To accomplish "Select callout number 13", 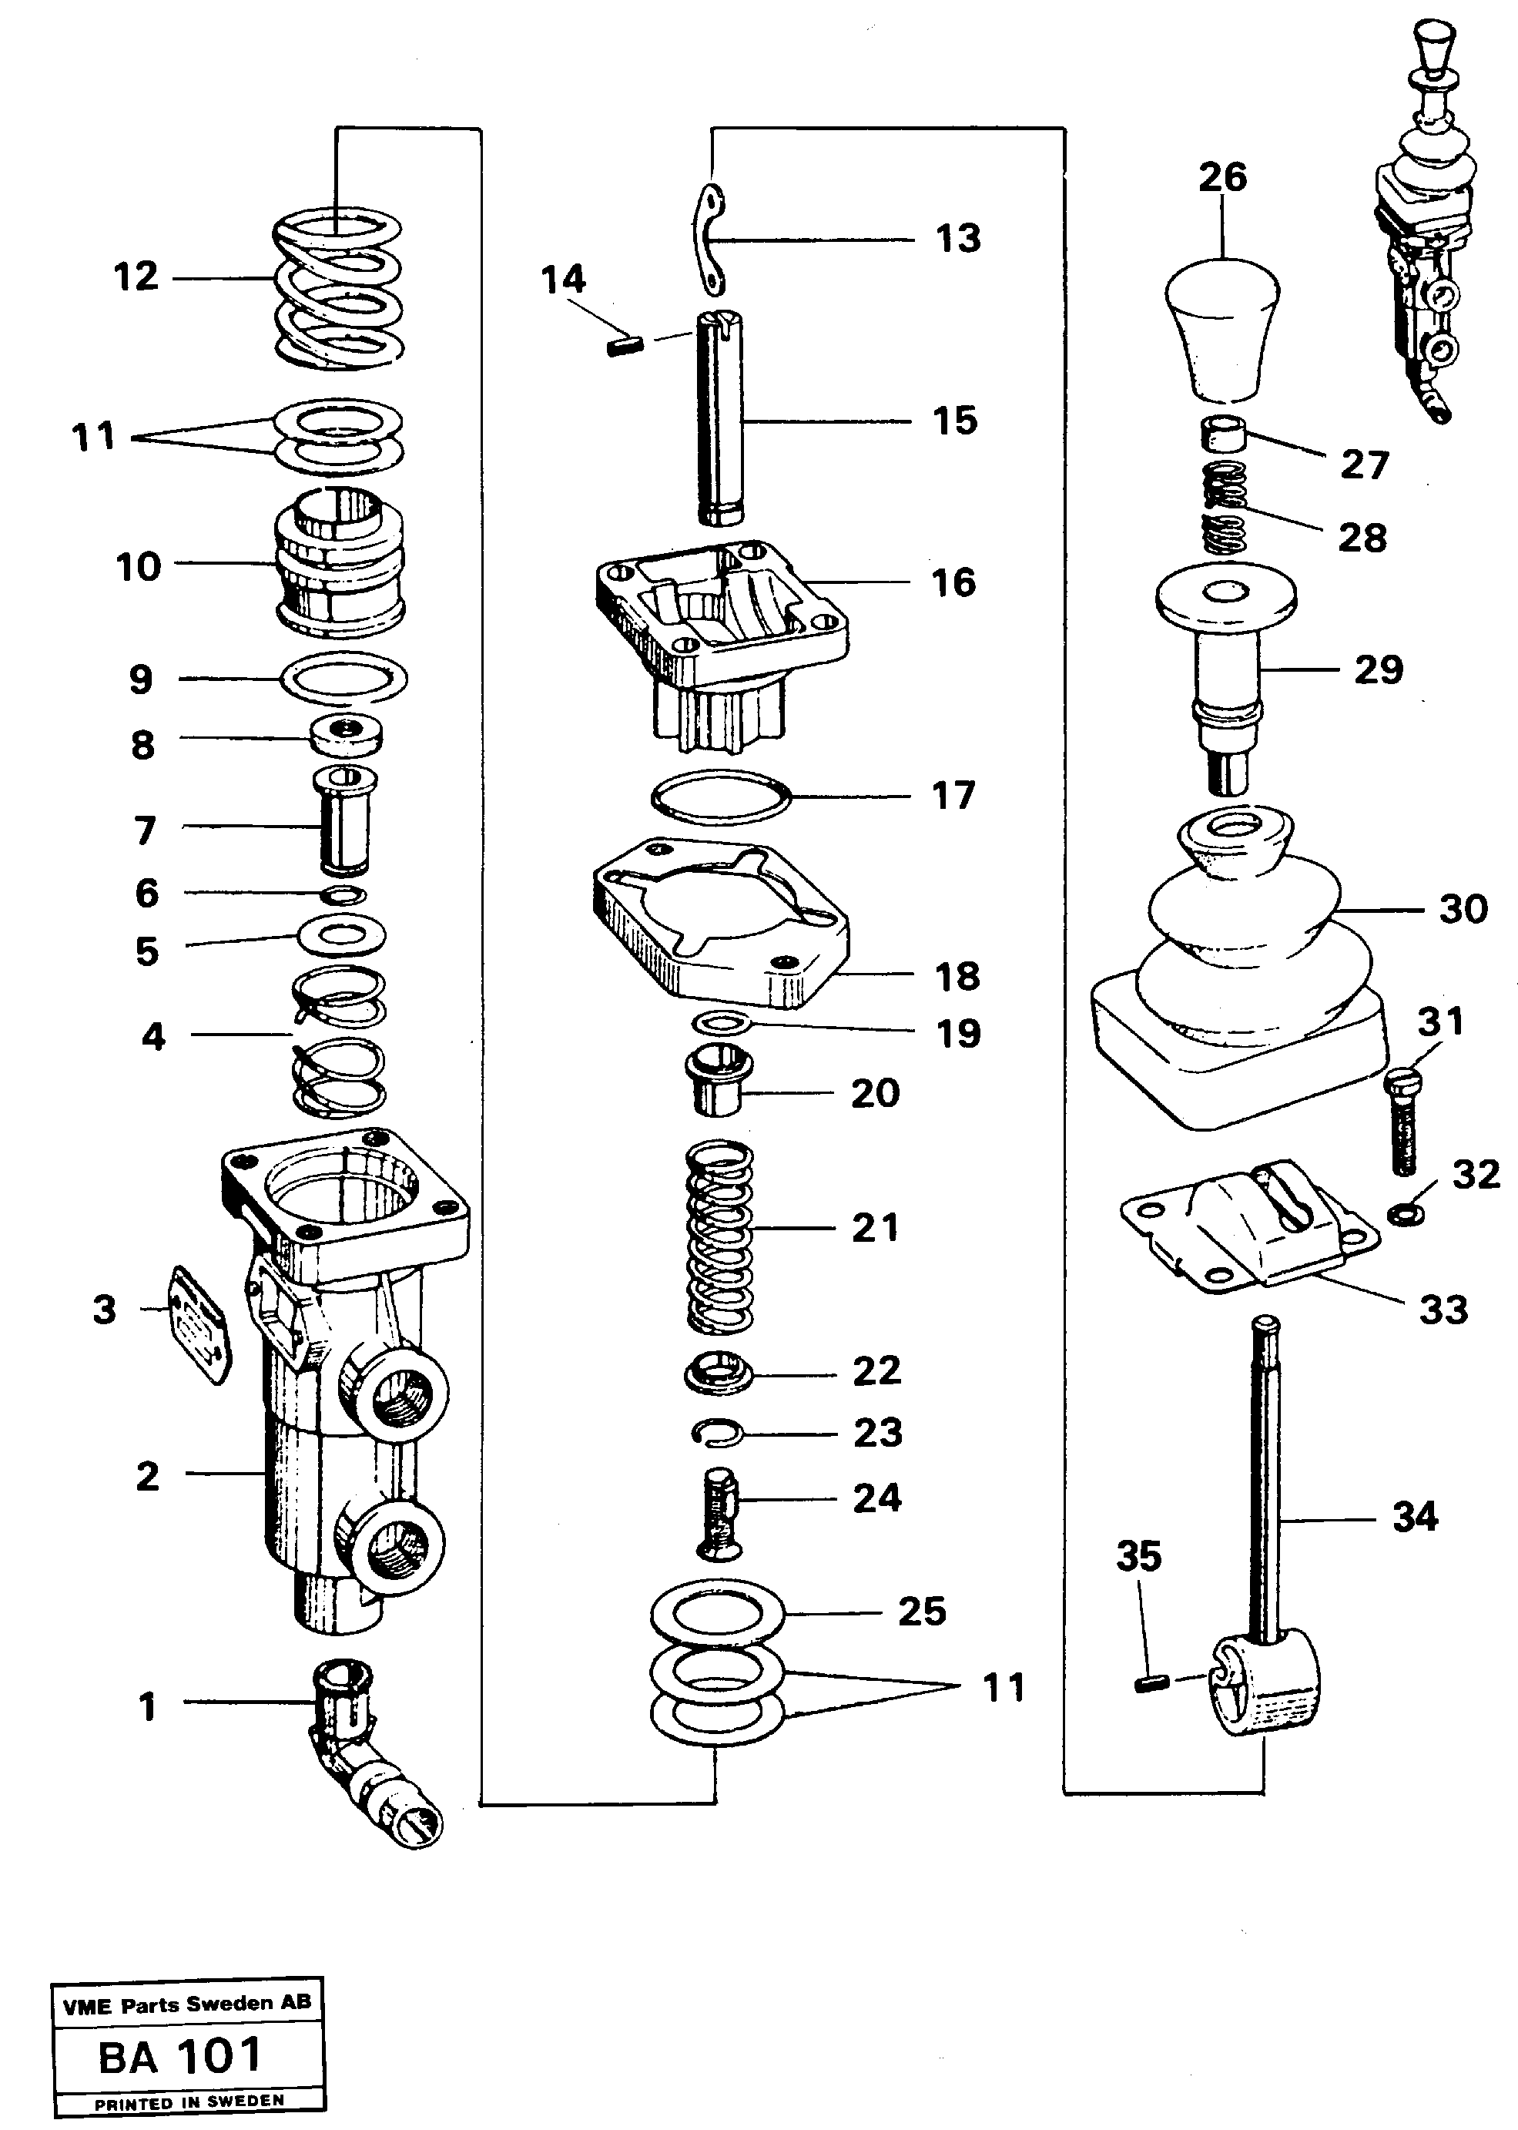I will point(958,239).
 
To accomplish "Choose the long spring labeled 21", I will point(720,1236).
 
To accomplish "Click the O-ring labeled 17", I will point(721,797).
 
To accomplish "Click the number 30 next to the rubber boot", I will point(1462,909).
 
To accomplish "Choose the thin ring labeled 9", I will point(344,677).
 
